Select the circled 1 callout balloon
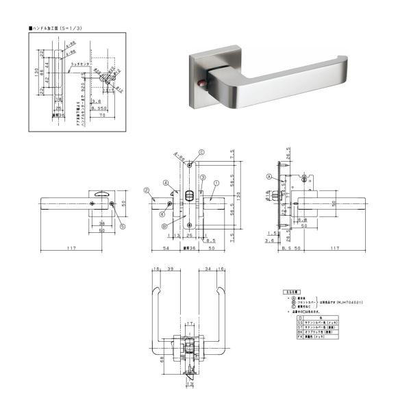click(x=216, y=184)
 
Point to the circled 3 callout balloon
click(x=203, y=177)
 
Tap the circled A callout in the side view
click(x=269, y=177)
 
